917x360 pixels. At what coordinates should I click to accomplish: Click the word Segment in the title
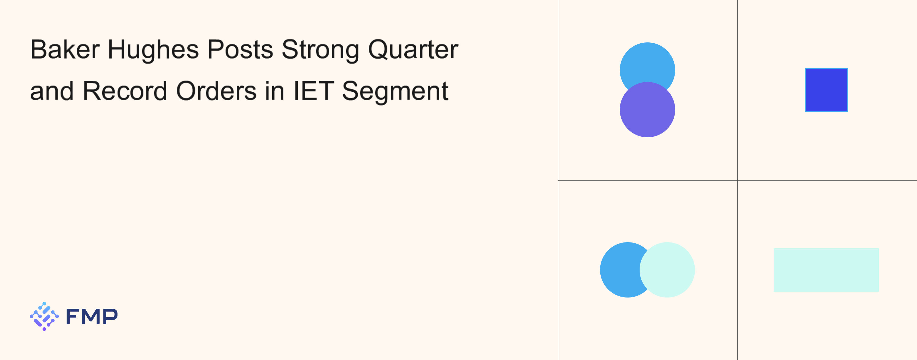395,92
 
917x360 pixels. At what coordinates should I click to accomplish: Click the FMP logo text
92,316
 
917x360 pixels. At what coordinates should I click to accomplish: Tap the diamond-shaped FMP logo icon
44,316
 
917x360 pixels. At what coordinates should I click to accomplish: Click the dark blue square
826,90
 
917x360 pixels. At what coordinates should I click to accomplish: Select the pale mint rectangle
826,270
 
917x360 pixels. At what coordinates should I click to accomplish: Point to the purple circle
647,110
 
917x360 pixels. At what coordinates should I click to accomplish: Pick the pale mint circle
667,270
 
